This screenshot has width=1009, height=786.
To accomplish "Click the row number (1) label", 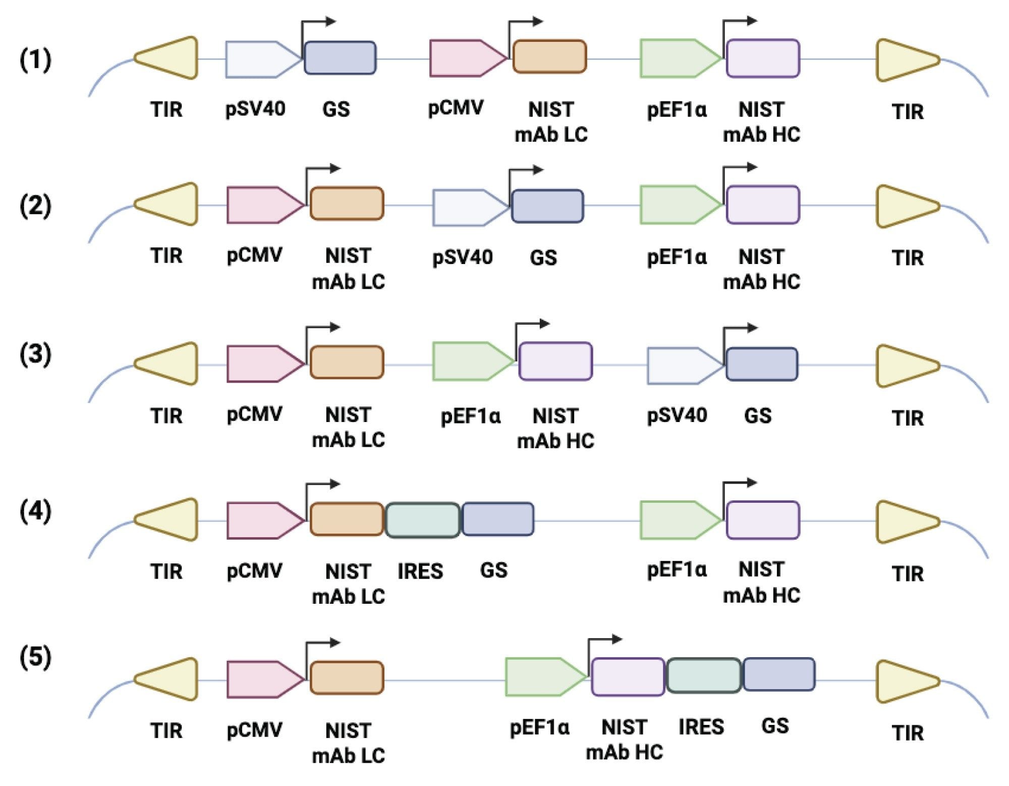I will point(35,60).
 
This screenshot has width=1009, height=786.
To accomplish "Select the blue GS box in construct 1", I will point(340,58).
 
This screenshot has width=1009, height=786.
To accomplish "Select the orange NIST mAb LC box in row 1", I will point(549,57).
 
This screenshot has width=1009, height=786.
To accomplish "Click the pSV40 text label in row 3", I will point(677,415).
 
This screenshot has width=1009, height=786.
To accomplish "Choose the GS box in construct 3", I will point(761,364).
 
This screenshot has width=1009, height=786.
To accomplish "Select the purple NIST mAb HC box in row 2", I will point(762,204).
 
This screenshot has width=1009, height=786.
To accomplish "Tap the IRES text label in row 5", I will point(701,727).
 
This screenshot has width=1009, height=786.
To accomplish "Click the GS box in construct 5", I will point(779,674).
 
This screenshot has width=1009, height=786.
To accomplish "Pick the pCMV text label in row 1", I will point(456,108).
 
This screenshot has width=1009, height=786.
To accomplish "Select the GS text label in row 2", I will point(543,258).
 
